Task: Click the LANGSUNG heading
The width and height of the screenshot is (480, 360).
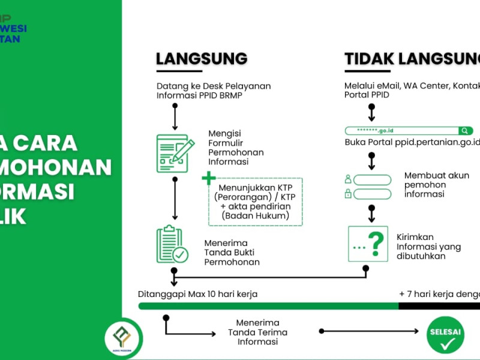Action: tap(202, 58)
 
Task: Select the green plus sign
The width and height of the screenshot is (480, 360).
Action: tap(208, 178)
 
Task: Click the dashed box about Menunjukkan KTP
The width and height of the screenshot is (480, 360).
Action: tap(256, 202)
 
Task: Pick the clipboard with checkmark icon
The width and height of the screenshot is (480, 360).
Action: tap(172, 245)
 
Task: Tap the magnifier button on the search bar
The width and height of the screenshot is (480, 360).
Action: tap(465, 131)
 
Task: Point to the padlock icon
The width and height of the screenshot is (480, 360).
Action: tap(347, 194)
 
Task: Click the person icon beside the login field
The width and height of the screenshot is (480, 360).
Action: tap(347, 179)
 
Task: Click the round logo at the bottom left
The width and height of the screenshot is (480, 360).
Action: tap(123, 339)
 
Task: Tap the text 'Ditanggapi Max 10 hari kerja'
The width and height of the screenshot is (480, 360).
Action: tap(197, 294)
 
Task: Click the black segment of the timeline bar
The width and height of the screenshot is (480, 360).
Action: tap(439, 306)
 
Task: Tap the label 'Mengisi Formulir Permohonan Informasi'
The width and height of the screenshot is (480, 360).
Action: tap(236, 148)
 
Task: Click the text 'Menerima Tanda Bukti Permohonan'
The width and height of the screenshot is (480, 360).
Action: tap(232, 253)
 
